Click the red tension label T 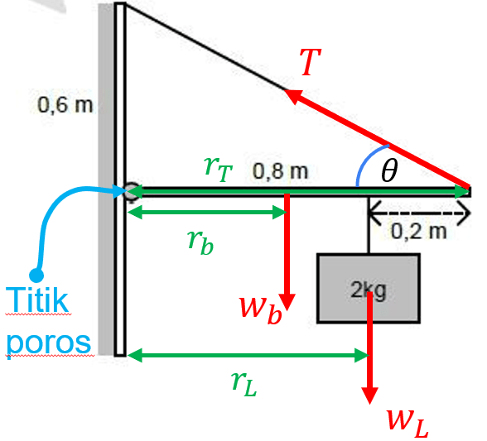pos(310,62)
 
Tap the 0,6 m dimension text pos(65,105)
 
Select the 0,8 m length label pos(280,171)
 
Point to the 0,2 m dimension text pos(419,231)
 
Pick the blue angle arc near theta pos(366,160)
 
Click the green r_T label pos(219,168)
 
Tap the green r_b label pos(200,242)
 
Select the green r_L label pos(244,384)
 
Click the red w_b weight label pos(260,310)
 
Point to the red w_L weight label pos(407,424)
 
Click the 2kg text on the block pos(369,290)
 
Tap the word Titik pos(37,300)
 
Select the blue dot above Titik pos(36,276)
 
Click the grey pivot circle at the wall pos(131,192)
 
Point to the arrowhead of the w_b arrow pos(287,302)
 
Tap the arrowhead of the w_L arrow pos(369,396)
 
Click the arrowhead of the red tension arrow pos(293,95)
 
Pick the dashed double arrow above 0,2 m pos(419,213)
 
